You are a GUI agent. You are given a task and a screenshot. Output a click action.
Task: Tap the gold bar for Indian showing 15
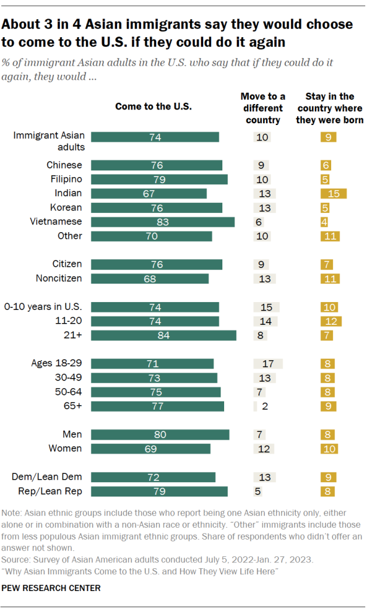(x=334, y=193)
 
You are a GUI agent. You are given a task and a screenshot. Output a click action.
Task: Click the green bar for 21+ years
(x=163, y=335)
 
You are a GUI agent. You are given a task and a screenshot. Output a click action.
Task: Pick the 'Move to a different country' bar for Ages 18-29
(x=268, y=364)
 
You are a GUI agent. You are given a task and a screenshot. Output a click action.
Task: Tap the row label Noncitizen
(x=58, y=278)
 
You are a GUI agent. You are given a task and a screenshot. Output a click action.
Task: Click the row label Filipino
(x=65, y=179)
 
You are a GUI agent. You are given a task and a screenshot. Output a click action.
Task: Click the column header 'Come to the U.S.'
(x=153, y=107)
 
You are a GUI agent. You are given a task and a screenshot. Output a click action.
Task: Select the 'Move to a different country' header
(x=263, y=108)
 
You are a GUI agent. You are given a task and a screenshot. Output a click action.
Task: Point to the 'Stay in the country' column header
(x=329, y=108)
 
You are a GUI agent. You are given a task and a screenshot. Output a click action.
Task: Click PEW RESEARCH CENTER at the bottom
(x=51, y=588)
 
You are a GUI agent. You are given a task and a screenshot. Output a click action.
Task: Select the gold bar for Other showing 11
(x=330, y=236)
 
